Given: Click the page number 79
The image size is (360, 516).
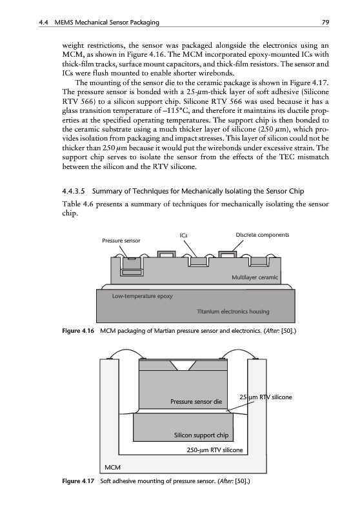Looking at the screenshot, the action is [x=325, y=23].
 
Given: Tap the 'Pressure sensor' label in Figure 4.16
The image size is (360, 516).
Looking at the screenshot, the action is [x=121, y=241].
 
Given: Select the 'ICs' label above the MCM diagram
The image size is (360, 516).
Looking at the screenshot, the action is [x=183, y=235].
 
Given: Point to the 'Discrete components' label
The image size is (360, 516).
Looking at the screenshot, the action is [x=263, y=235].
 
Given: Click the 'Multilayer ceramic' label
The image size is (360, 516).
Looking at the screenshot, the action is [x=255, y=277].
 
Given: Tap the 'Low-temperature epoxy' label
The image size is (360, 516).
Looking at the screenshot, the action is [x=142, y=296].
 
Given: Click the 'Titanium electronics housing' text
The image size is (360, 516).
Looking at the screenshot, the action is [x=233, y=312].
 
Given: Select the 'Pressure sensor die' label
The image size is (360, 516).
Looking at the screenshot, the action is [x=196, y=401].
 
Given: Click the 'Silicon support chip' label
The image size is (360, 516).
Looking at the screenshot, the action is [x=201, y=435].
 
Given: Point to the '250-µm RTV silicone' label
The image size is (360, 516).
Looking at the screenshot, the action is [x=215, y=450].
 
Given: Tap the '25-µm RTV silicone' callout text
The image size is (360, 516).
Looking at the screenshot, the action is [x=266, y=397].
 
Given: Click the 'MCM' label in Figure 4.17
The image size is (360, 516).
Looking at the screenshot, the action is [x=112, y=467].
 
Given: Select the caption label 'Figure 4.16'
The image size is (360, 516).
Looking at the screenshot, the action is [x=78, y=331].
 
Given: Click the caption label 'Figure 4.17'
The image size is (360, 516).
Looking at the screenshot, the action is [x=78, y=481].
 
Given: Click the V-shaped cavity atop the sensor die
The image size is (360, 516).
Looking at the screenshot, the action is [x=184, y=365].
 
